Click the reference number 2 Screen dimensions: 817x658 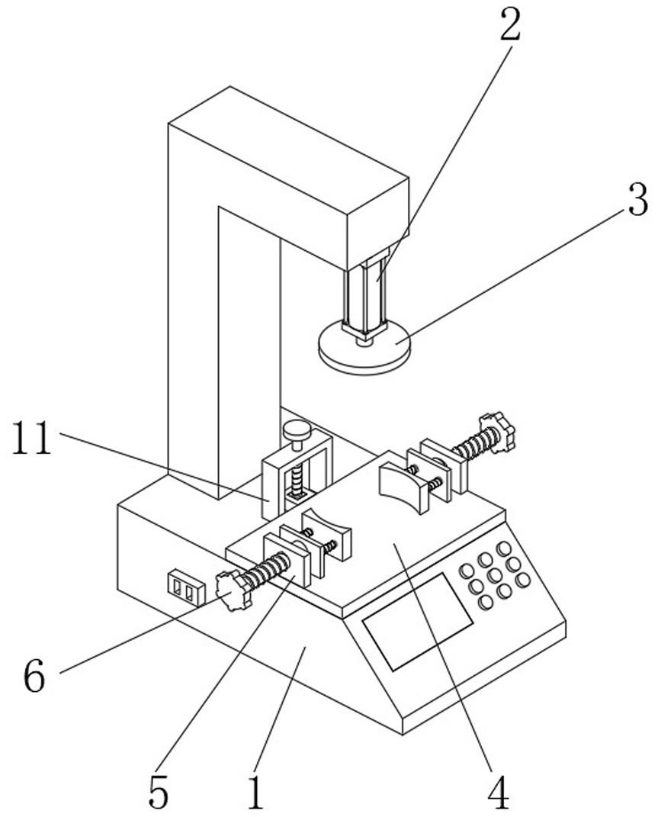point(510,27)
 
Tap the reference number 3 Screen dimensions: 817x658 point(637,200)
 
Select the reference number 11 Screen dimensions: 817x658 point(31,440)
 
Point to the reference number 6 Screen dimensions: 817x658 point(34,676)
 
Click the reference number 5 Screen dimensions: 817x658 point(158,793)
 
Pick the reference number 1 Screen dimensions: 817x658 point(255,793)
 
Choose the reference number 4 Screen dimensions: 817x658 point(498,793)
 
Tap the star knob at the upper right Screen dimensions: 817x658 point(498,432)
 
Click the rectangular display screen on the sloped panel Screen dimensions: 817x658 point(417,620)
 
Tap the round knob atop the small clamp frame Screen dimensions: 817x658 point(295,432)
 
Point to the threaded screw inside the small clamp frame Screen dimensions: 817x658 point(295,482)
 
